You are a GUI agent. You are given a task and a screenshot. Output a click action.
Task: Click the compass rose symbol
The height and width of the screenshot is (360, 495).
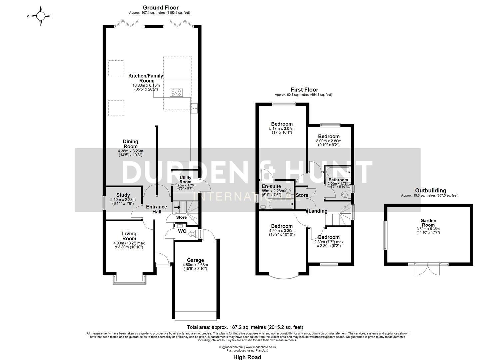40,16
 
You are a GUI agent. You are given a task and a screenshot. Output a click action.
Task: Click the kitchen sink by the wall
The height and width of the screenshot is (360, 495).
194,108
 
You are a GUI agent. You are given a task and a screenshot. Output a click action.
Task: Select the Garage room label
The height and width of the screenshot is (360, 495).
195,260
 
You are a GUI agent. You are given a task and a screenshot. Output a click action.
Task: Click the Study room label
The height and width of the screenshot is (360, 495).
123,195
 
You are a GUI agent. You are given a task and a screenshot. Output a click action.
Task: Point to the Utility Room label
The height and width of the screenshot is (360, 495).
186,180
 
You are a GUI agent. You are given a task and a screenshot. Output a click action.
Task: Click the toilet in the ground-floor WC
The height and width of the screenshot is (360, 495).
192,234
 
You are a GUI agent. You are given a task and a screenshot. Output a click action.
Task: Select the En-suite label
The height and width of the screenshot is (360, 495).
271,186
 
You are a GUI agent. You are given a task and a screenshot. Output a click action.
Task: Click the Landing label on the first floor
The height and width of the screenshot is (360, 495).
318,211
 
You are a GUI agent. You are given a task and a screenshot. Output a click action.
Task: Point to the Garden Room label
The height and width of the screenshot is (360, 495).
428,223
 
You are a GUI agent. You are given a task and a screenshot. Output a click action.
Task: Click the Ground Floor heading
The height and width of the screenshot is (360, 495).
161,8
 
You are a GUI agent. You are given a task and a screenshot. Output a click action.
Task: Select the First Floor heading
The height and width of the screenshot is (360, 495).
304,90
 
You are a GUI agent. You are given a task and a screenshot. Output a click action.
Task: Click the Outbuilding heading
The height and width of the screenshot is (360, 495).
430,191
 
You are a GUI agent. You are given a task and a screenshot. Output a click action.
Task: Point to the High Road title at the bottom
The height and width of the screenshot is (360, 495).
247,357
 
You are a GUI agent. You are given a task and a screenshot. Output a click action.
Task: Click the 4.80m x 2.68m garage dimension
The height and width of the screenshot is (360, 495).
195,266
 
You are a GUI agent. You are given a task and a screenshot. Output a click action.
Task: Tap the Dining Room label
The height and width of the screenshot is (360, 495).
131,144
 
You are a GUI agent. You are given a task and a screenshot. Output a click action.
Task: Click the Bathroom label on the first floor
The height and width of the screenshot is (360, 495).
338,180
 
